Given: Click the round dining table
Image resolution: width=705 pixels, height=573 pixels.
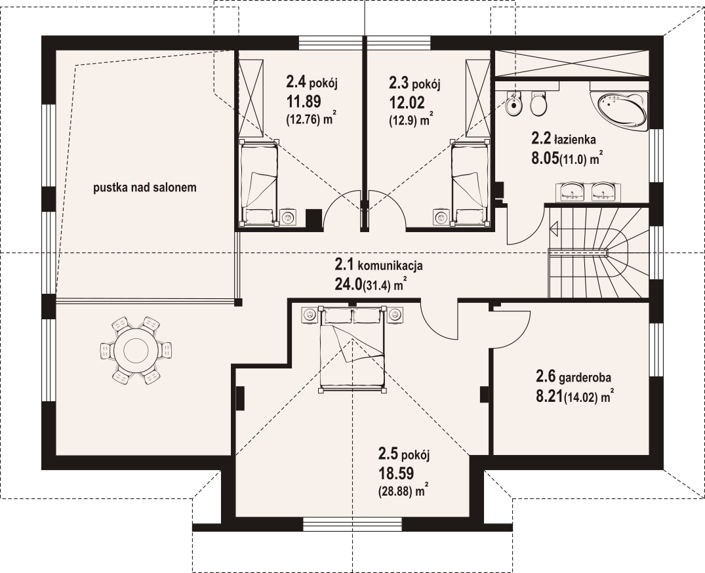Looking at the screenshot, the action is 136,349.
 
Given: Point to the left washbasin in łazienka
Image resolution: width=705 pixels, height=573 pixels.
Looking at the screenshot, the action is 572,191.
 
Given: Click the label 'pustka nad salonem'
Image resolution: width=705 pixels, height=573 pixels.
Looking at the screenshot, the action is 145,188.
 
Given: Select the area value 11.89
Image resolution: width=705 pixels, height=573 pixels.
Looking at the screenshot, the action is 304,102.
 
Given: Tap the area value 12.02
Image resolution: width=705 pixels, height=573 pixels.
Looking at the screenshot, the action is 407,102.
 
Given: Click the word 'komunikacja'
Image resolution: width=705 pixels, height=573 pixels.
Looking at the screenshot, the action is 390,266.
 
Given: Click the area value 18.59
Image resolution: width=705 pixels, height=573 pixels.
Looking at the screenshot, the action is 396,473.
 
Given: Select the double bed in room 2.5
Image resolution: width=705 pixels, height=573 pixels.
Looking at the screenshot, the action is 353,348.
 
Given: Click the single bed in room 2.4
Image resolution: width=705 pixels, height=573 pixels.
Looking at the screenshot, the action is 258,184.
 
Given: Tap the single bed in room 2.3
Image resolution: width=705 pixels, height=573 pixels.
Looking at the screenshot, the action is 470,184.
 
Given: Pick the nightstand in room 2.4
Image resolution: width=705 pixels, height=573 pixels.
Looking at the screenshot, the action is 288,218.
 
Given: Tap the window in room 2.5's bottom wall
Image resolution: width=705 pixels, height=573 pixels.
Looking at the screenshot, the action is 352,524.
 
